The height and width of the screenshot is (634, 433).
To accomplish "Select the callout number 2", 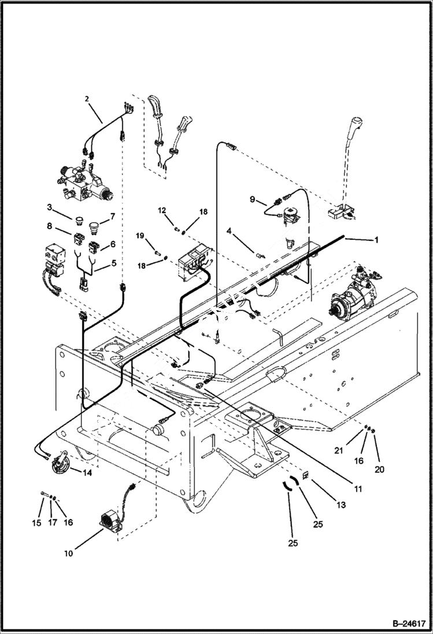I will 86,99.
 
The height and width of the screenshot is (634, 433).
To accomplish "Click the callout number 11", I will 358,489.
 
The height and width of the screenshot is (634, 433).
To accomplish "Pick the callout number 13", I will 341,505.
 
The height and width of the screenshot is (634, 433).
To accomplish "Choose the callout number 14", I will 87,472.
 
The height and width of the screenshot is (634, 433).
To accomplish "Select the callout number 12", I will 162,210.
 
